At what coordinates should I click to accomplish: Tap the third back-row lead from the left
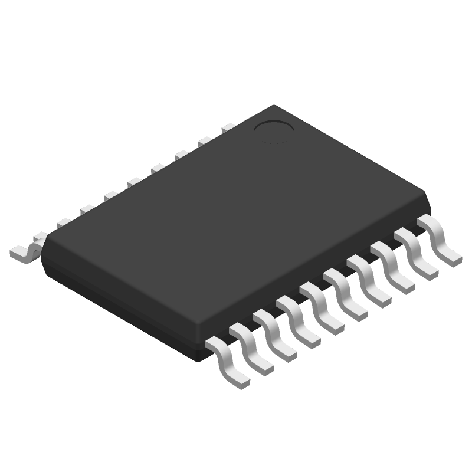87,209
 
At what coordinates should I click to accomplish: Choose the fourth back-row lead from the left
110,195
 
